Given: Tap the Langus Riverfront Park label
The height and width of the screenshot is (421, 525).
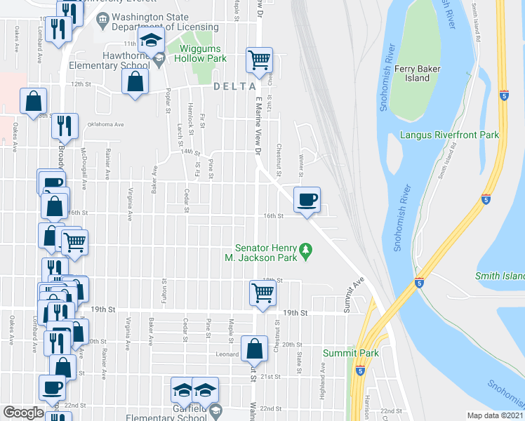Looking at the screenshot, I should [459, 134].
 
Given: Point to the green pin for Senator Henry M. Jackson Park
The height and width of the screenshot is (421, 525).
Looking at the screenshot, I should [305, 249].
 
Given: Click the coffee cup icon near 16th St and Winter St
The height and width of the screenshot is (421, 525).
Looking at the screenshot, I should [306, 200].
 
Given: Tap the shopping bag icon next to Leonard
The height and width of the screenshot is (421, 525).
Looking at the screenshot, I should [254, 348].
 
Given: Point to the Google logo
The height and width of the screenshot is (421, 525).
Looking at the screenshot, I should [23, 413].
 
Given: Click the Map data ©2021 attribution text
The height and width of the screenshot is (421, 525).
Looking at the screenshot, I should [495, 415].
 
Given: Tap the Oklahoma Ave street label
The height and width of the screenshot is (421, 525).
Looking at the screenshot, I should [105, 125].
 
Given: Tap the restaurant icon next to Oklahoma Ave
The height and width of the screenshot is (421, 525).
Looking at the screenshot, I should [65, 126].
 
